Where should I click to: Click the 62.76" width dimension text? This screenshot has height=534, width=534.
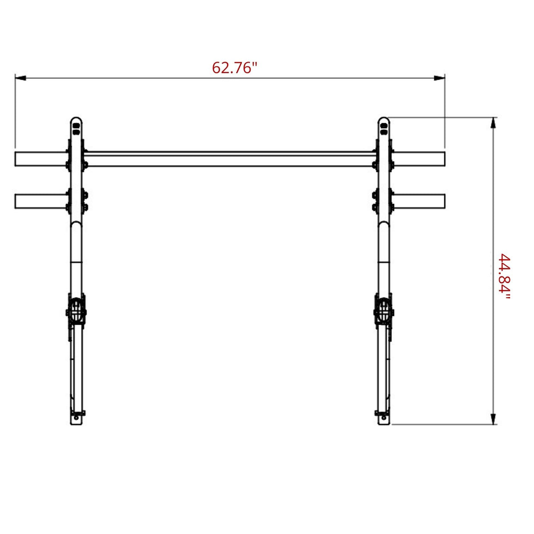pos(235,68)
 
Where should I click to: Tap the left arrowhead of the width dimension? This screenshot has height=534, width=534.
pos(20,78)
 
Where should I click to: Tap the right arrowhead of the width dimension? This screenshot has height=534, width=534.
pos(439,78)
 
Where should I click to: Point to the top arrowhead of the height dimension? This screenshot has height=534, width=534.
pos(493,123)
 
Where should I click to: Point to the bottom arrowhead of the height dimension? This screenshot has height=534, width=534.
pos(493,418)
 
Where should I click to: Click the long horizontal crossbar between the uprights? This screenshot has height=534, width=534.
pos(230,159)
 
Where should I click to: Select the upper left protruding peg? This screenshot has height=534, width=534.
pos(41,159)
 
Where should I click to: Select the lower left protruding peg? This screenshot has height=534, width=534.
pos(41,201)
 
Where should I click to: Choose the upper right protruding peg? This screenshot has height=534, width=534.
pos(419,159)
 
